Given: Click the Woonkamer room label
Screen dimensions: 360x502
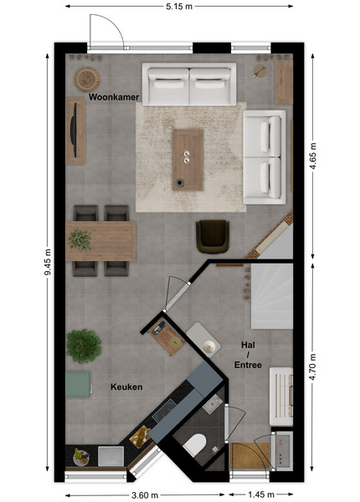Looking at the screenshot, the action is [114, 97].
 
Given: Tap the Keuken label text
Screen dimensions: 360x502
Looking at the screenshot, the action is [126, 387].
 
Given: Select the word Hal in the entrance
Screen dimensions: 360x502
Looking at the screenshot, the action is [248, 345].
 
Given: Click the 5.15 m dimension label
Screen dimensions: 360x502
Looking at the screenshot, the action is [179, 6].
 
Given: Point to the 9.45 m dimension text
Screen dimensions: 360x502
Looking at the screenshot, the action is [48, 262].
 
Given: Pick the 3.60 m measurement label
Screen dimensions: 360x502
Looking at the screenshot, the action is [145, 495].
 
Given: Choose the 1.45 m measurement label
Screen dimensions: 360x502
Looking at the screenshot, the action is [261, 495].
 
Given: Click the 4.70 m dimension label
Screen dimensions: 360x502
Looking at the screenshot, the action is [312, 367].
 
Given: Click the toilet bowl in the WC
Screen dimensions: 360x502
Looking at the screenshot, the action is [194, 444].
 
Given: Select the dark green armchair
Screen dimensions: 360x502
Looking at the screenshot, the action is [213, 236].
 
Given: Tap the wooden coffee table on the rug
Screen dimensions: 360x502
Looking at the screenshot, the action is [188, 160].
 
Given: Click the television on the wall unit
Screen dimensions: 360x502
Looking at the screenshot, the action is [74, 131].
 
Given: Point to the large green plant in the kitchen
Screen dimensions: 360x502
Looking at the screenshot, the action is [84, 346].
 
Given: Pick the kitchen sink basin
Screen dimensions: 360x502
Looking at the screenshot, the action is [111, 456].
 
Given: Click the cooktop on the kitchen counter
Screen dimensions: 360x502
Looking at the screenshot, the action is [164, 411].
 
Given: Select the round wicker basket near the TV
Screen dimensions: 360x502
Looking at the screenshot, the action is [87, 79].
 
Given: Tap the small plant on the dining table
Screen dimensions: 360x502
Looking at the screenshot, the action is [80, 239].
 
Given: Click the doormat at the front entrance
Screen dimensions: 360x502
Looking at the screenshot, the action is [250, 456].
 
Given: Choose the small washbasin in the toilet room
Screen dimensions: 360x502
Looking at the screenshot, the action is [213, 404].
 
